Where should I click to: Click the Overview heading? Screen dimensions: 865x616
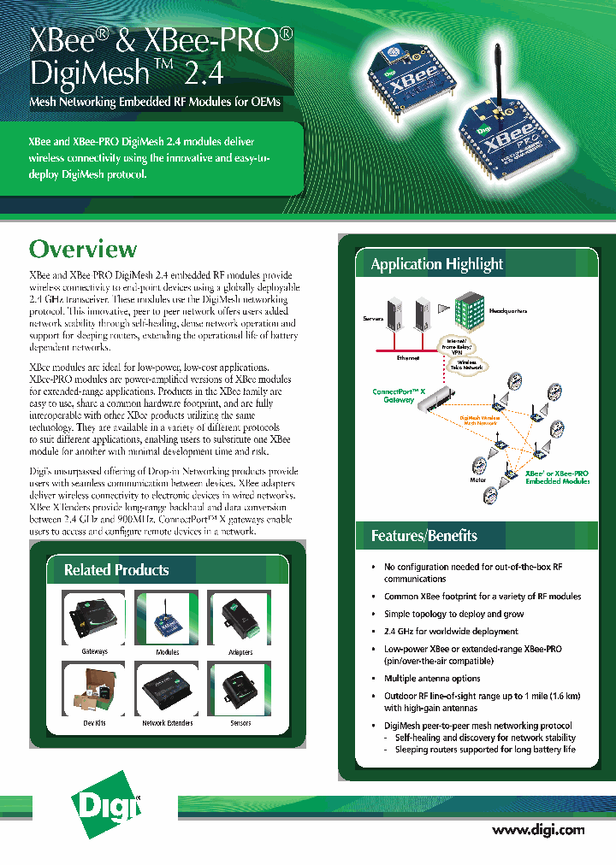click(x=83, y=250)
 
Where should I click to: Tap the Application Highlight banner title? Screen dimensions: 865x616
click(x=436, y=264)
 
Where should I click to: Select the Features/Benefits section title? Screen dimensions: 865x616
click(x=424, y=536)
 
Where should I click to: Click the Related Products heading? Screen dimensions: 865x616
click(x=116, y=570)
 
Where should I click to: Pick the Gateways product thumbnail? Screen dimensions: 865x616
click(x=94, y=616)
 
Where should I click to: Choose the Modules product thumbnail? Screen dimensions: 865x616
click(x=167, y=616)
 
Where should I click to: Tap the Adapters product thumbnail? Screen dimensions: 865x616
click(x=240, y=616)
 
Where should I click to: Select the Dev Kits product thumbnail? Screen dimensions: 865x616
click(x=94, y=688)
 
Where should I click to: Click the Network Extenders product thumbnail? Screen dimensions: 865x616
click(x=167, y=688)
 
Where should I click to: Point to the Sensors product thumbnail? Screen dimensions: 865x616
click(x=240, y=688)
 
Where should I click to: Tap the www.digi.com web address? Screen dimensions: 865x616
click(x=538, y=829)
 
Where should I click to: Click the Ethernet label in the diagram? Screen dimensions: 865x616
click(x=407, y=358)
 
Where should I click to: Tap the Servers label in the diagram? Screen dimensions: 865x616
click(x=373, y=319)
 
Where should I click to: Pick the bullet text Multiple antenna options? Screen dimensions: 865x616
click(x=432, y=678)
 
